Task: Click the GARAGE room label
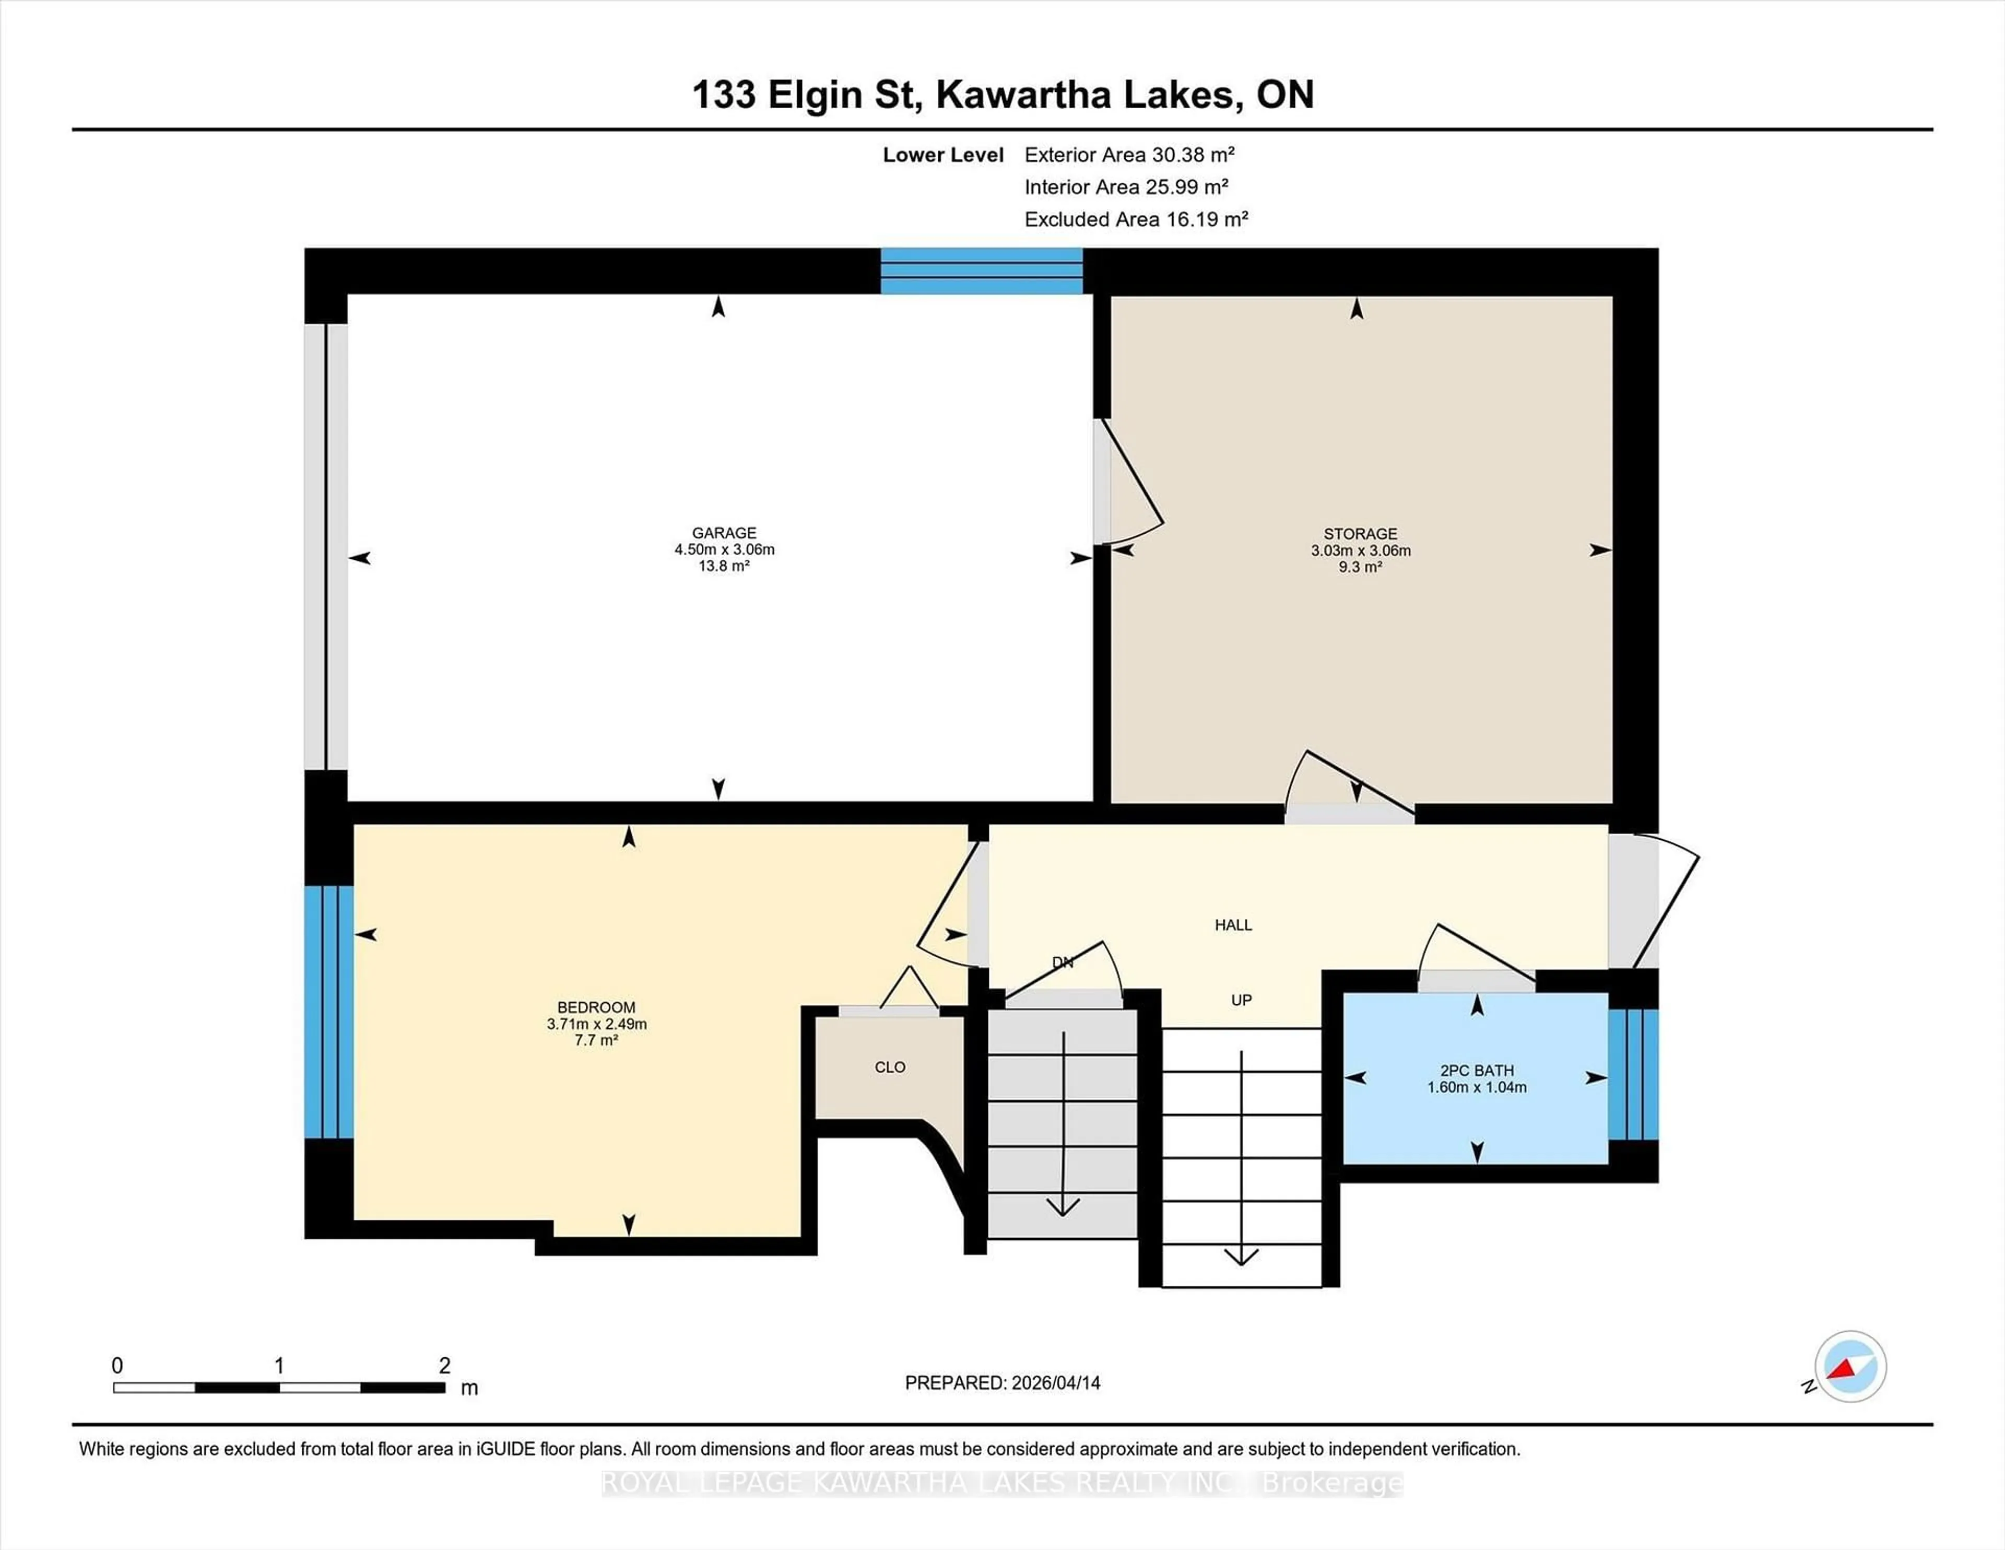(x=723, y=533)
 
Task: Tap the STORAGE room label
(x=1360, y=534)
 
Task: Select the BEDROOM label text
(x=596, y=1007)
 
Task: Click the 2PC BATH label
(x=1476, y=1071)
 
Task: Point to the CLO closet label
(x=890, y=1067)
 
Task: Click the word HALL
(x=1233, y=925)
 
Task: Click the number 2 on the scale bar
(x=444, y=1366)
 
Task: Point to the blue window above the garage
(x=982, y=271)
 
